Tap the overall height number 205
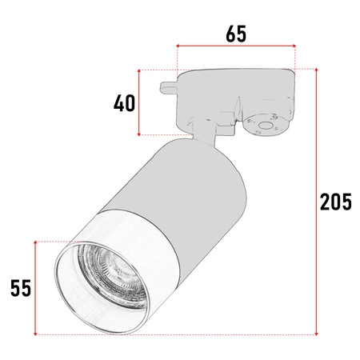(x=335, y=202)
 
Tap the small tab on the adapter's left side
(x=167, y=83)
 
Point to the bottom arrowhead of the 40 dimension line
(x=141, y=133)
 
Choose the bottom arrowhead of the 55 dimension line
(x=36, y=331)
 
